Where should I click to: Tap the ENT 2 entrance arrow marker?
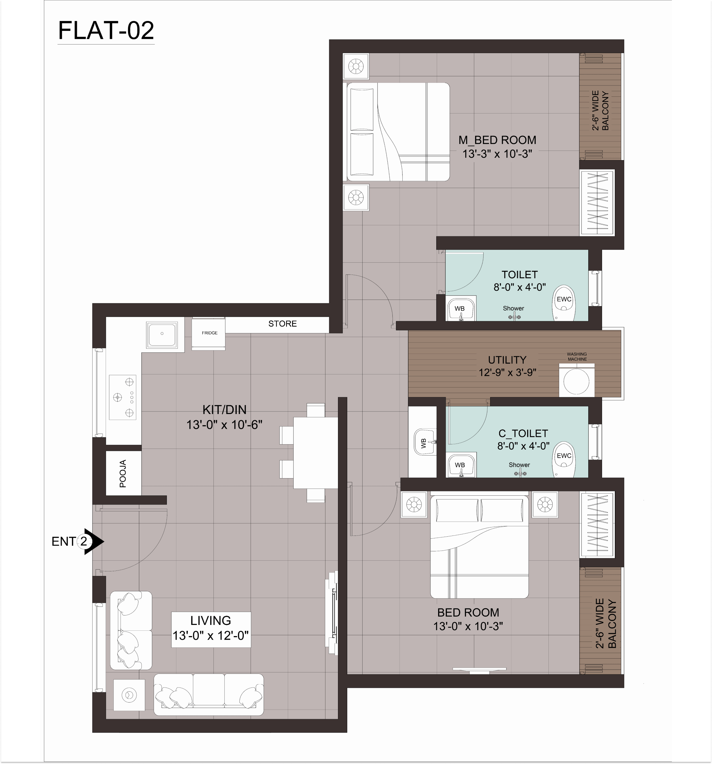pyautogui.click(x=94, y=542)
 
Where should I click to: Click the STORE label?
pyautogui.click(x=282, y=324)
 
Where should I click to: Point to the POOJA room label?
pyautogui.click(x=123, y=474)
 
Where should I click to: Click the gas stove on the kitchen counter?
pyautogui.click(x=123, y=397)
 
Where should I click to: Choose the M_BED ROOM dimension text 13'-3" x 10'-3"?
pyautogui.click(x=497, y=154)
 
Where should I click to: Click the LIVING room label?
pyautogui.click(x=210, y=620)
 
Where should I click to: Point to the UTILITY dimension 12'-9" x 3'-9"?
pyautogui.click(x=507, y=372)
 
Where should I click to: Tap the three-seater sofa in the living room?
pyautogui.click(x=209, y=694)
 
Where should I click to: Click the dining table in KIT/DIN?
pyautogui.click(x=316, y=453)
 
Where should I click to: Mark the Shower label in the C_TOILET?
pyautogui.click(x=519, y=465)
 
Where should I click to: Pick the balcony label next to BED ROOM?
pyautogui.click(x=606, y=623)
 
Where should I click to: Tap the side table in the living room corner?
pyautogui.click(x=129, y=695)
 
